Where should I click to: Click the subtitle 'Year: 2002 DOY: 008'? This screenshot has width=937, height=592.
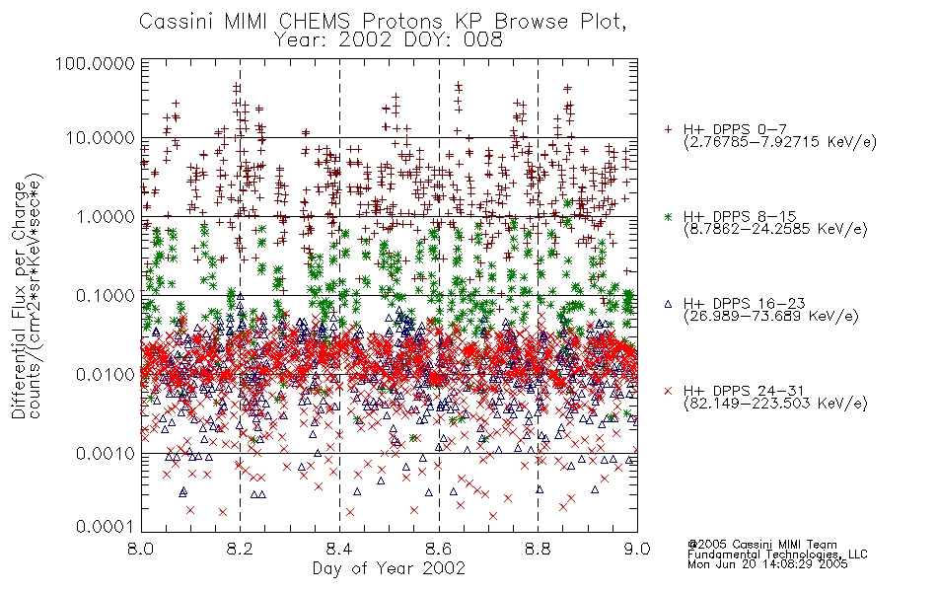point(388,40)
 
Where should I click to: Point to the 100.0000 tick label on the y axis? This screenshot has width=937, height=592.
point(95,63)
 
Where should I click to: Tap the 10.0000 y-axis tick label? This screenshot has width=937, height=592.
point(100,138)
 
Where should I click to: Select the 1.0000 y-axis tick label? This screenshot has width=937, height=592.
point(106,216)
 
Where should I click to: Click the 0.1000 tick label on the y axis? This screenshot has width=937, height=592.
point(106,295)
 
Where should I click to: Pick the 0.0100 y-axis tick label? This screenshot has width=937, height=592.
point(106,375)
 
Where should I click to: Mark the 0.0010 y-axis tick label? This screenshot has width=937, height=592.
point(106,454)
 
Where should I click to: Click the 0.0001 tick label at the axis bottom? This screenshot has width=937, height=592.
point(106,527)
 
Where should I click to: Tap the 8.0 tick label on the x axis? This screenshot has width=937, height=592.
point(140,549)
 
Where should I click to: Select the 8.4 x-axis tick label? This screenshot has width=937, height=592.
point(339,549)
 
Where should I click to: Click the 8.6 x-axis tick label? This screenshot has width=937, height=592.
point(439,549)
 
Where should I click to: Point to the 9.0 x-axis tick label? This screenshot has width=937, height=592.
point(637,549)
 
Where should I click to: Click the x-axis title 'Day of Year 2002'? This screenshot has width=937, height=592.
point(389,568)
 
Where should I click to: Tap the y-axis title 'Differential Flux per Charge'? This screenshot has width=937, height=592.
point(19,300)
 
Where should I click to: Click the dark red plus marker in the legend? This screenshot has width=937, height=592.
point(668,129)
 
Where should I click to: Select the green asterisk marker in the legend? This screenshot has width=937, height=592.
point(668,216)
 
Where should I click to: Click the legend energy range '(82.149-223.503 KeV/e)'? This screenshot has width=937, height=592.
point(775,404)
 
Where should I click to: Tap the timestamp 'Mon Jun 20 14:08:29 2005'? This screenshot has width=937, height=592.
point(767,564)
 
